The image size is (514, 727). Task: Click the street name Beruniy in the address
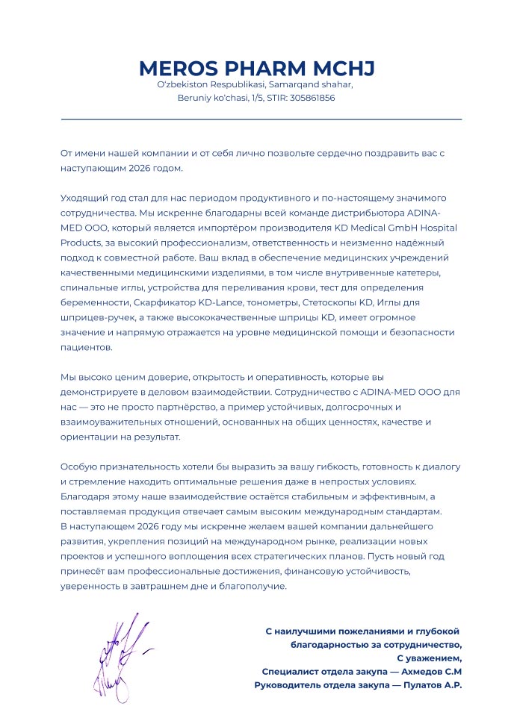195,98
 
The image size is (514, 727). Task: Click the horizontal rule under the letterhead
261,119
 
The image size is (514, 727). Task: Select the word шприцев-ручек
90,317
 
